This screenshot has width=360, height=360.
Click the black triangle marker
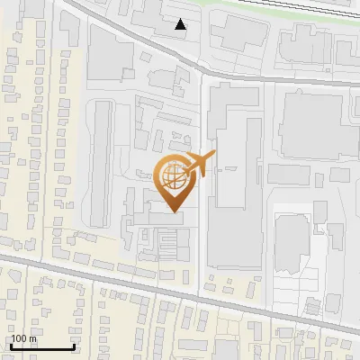[x=181, y=24]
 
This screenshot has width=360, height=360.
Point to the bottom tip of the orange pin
[x=175, y=212]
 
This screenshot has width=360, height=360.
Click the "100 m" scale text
[x=23, y=338]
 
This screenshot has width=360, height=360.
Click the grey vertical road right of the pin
[x=202, y=225]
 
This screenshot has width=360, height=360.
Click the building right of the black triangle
[x=238, y=32]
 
